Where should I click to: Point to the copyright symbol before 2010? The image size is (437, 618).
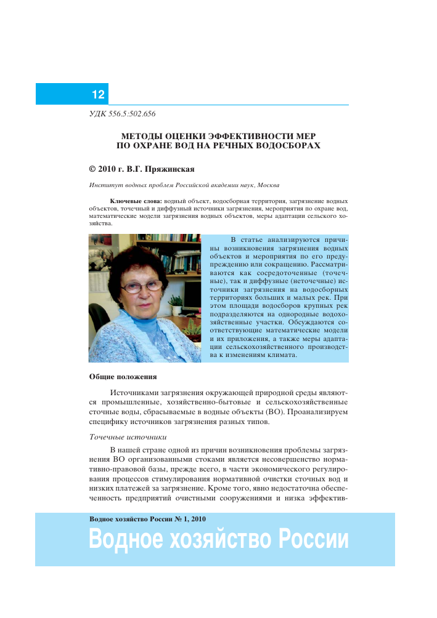[92, 167]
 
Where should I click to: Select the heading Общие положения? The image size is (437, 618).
[123, 376]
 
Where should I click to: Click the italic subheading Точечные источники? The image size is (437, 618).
[128, 438]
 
